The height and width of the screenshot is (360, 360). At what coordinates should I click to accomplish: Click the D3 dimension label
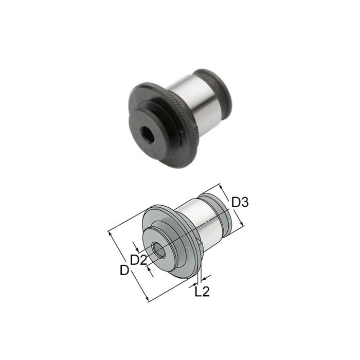tap(240, 202)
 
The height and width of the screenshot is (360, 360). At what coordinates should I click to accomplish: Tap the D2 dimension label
tap(138, 260)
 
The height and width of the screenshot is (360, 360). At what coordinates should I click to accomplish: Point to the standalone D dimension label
tap(123, 269)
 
